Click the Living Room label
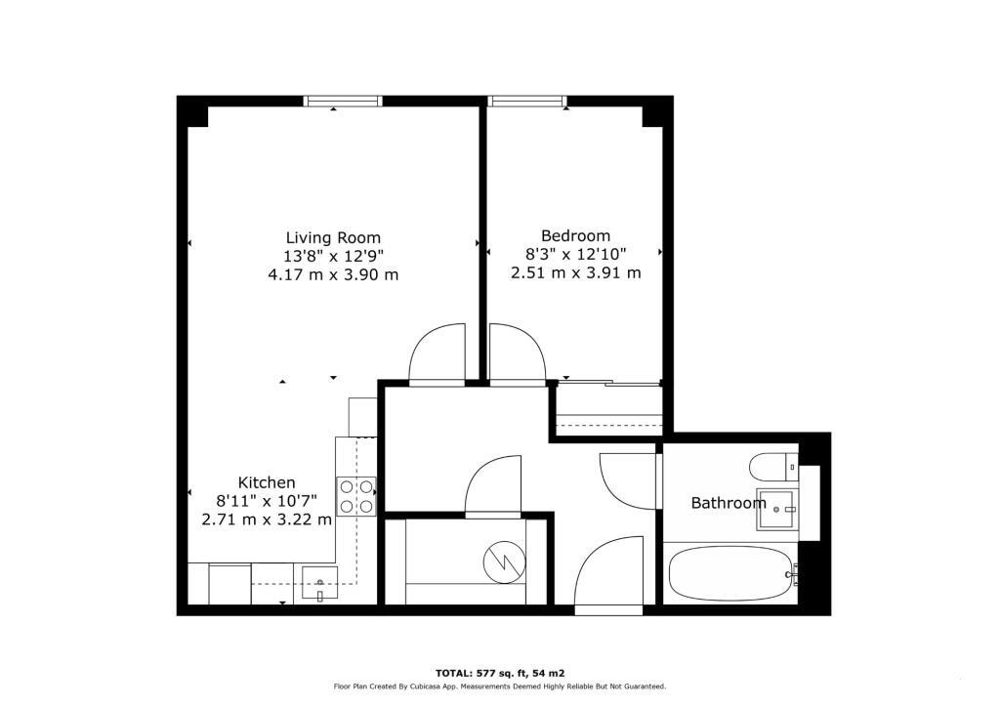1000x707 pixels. pos(333,237)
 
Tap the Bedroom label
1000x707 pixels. pos(575,235)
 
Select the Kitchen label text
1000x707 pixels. pos(267,482)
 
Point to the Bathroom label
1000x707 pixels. pos(729,503)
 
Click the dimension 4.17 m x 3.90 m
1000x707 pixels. pos(333,274)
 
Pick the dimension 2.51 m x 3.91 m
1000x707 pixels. pos(575,272)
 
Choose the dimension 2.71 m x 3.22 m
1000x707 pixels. pos(267,520)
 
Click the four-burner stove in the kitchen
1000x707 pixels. pos(356,496)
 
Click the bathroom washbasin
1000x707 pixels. pos(778,509)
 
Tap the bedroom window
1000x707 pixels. pos(527,101)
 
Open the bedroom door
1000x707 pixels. pos(516,353)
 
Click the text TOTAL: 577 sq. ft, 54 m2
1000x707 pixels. pos(500,673)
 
